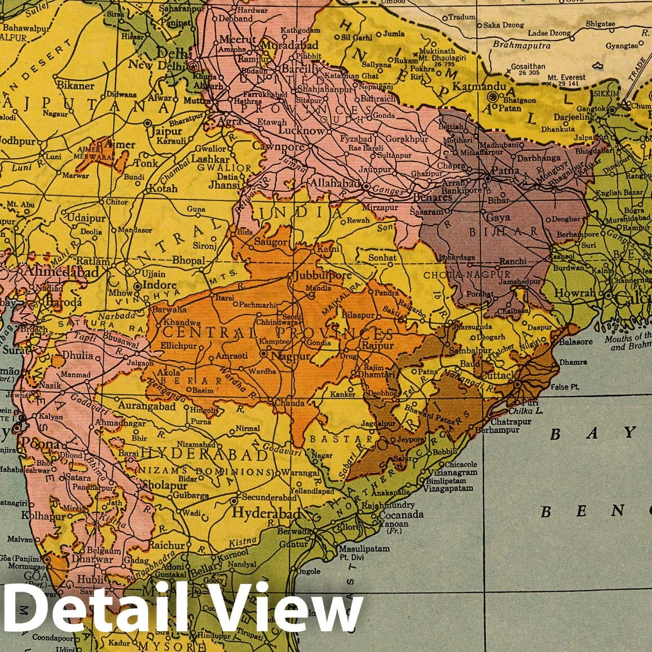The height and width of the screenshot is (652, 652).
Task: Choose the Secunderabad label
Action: pyautogui.click(x=269, y=498)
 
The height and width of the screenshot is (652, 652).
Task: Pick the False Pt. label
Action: pyautogui.click(x=565, y=387)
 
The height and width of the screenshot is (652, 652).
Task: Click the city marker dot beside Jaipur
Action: pyautogui.click(x=148, y=122)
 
